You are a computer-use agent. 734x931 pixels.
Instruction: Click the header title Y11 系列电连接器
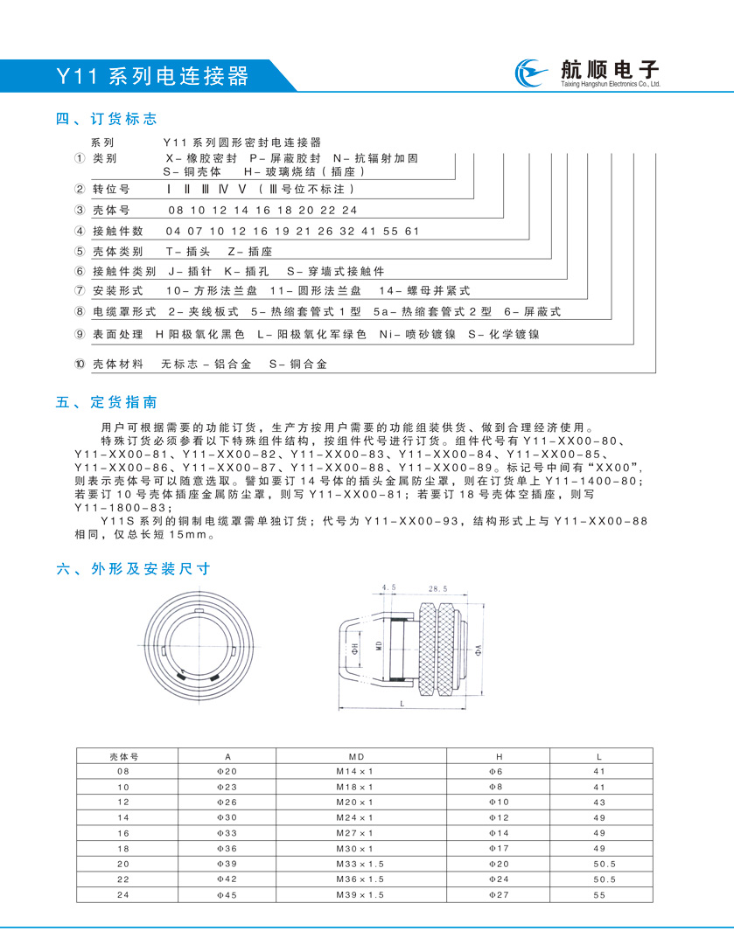[153, 76]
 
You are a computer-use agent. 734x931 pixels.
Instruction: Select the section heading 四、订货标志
[107, 119]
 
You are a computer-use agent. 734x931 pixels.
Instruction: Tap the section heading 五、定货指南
[107, 403]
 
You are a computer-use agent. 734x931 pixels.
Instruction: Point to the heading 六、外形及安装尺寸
[133, 568]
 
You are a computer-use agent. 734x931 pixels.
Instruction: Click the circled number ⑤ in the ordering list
[80, 251]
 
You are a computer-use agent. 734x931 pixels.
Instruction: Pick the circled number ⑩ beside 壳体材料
[80, 364]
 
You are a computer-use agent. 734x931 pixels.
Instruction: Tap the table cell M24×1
[354, 817]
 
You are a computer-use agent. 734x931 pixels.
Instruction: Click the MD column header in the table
[354, 756]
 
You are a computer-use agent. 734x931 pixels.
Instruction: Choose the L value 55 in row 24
[599, 896]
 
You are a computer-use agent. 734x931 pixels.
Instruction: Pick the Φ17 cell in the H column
[498, 849]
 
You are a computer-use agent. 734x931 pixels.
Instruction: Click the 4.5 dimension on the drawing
[389, 589]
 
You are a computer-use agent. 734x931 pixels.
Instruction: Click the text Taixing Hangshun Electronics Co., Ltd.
[609, 86]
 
